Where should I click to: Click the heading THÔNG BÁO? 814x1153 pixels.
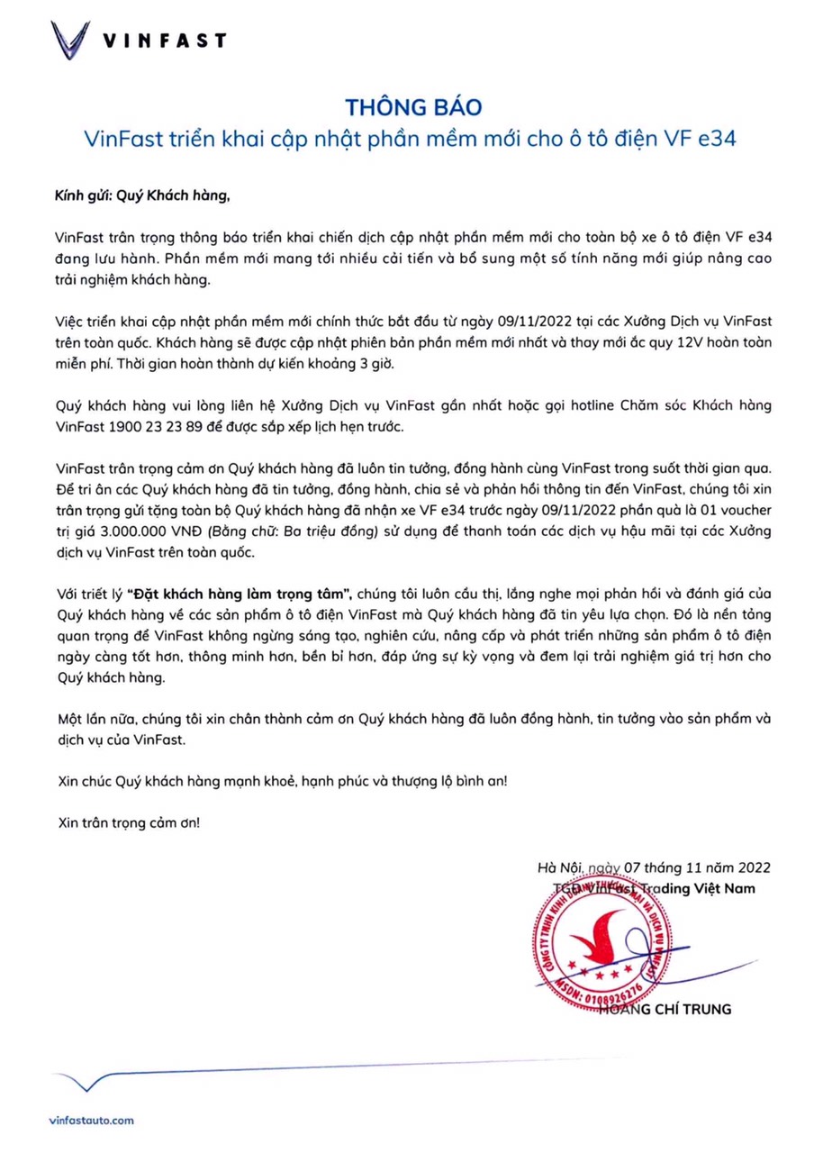click(413, 106)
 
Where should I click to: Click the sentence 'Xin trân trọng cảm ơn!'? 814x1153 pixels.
click(127, 823)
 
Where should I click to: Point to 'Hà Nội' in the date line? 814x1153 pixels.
click(559, 868)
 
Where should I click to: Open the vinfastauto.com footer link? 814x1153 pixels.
click(92, 1120)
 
